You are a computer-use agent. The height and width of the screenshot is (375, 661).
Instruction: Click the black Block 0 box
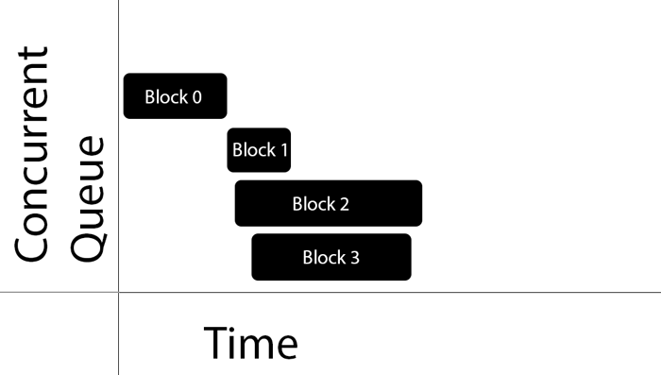point(175,95)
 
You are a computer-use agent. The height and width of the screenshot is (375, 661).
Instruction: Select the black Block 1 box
point(259,150)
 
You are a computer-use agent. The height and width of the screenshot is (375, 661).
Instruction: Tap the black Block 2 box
point(328,203)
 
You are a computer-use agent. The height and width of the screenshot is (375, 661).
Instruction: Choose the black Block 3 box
point(330,257)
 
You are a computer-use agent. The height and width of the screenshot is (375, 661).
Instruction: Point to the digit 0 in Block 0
point(195,96)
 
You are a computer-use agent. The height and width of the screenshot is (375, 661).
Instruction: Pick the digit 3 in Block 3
point(354,257)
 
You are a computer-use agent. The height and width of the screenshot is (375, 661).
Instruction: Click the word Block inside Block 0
point(164,96)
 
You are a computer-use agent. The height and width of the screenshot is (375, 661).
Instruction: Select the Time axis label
point(250,344)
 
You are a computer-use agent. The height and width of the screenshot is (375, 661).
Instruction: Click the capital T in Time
point(216,344)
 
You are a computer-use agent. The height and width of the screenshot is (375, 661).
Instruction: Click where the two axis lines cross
point(118,292)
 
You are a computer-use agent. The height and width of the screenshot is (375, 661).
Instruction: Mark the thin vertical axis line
point(118,142)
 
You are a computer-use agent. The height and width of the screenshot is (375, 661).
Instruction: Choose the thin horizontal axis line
point(378,292)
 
